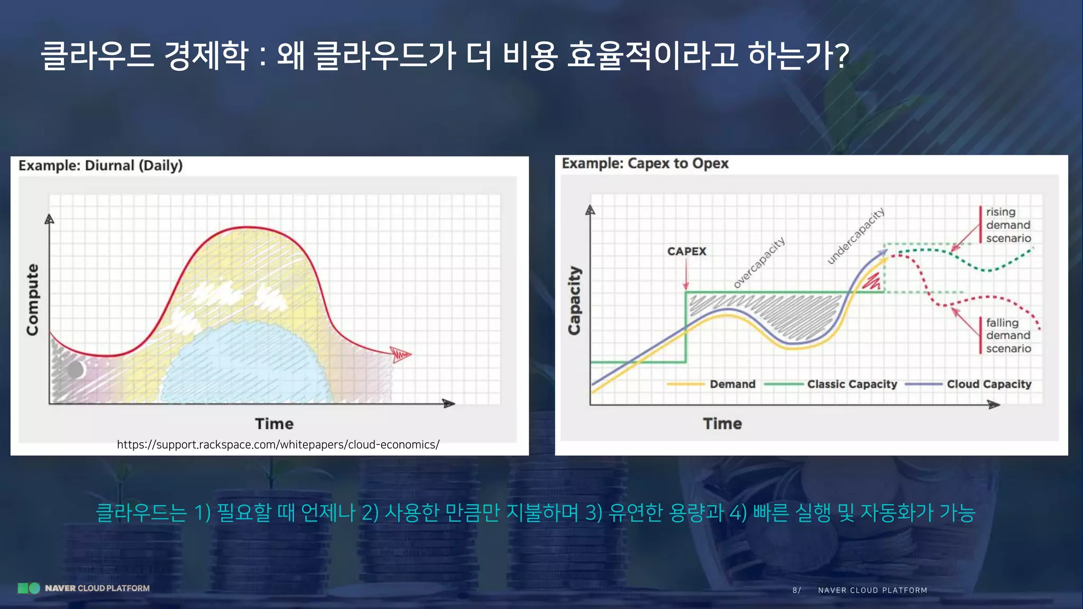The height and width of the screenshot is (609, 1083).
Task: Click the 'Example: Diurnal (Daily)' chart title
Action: (x=100, y=165)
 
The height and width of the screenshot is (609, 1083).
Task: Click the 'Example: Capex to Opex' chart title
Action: (x=645, y=163)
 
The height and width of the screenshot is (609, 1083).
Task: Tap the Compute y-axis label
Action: (x=33, y=299)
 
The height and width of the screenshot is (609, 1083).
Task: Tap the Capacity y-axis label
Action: (x=574, y=300)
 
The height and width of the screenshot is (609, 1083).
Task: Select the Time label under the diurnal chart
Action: (x=274, y=423)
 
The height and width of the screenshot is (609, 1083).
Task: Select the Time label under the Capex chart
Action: (x=722, y=423)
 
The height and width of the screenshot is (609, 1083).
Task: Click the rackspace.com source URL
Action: (x=278, y=445)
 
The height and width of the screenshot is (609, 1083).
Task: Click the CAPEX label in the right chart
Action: (x=686, y=251)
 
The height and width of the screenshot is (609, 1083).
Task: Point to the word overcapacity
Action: (x=759, y=263)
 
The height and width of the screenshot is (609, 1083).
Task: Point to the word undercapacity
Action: (x=856, y=236)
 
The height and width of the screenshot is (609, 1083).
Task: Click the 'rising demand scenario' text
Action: (x=1008, y=225)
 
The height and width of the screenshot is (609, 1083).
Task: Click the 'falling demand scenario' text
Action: (x=1008, y=336)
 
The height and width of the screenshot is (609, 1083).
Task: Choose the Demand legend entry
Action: (x=732, y=384)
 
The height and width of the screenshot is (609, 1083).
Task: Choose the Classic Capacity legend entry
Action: (x=851, y=384)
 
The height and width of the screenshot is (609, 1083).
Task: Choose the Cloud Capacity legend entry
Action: (x=988, y=384)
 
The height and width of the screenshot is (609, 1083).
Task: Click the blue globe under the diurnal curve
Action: (x=249, y=365)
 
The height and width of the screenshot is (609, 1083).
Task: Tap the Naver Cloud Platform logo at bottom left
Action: (x=84, y=588)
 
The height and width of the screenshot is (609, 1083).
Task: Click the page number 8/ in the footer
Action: (x=796, y=590)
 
